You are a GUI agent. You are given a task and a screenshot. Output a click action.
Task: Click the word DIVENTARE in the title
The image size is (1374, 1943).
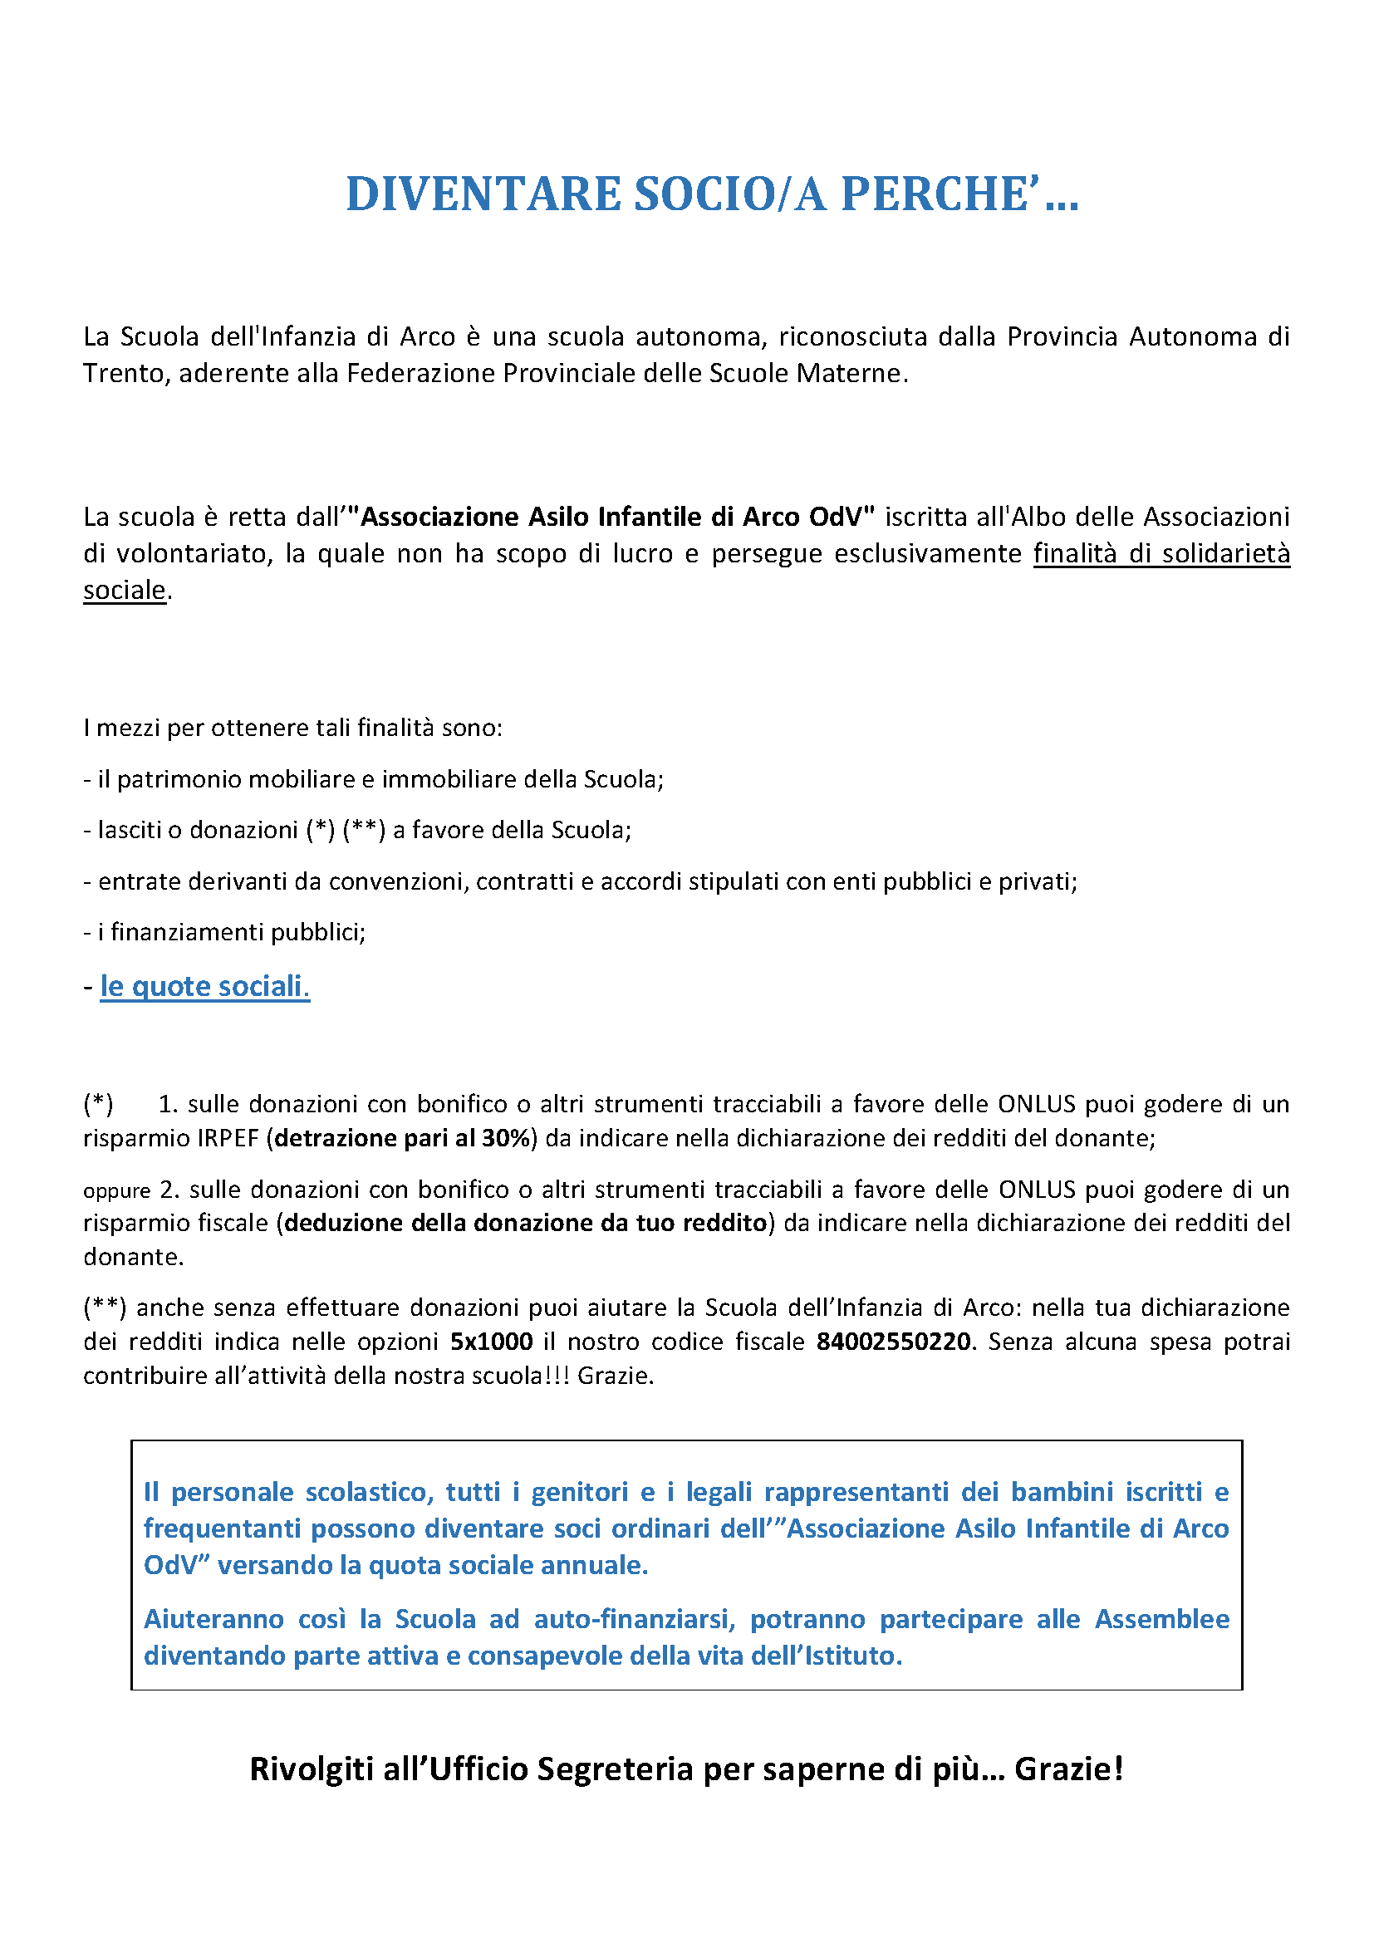pos(483,194)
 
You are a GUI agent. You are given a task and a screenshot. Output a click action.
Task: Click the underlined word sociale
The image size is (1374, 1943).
pos(125,590)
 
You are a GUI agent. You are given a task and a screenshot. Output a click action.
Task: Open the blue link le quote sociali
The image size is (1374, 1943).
pos(204,986)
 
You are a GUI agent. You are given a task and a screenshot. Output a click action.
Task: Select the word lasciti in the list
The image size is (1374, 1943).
pos(129,830)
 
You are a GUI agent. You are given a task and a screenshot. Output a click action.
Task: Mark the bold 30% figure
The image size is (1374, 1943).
pos(506,1138)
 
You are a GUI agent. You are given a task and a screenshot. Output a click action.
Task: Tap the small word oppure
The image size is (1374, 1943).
pos(116,1191)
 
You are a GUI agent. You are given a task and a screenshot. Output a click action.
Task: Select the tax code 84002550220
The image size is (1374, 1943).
pos(892,1342)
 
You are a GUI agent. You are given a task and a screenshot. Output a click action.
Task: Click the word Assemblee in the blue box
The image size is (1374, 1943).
pos(1161,1619)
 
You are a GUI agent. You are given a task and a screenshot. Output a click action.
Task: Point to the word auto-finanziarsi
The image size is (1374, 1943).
pos(631,1619)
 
